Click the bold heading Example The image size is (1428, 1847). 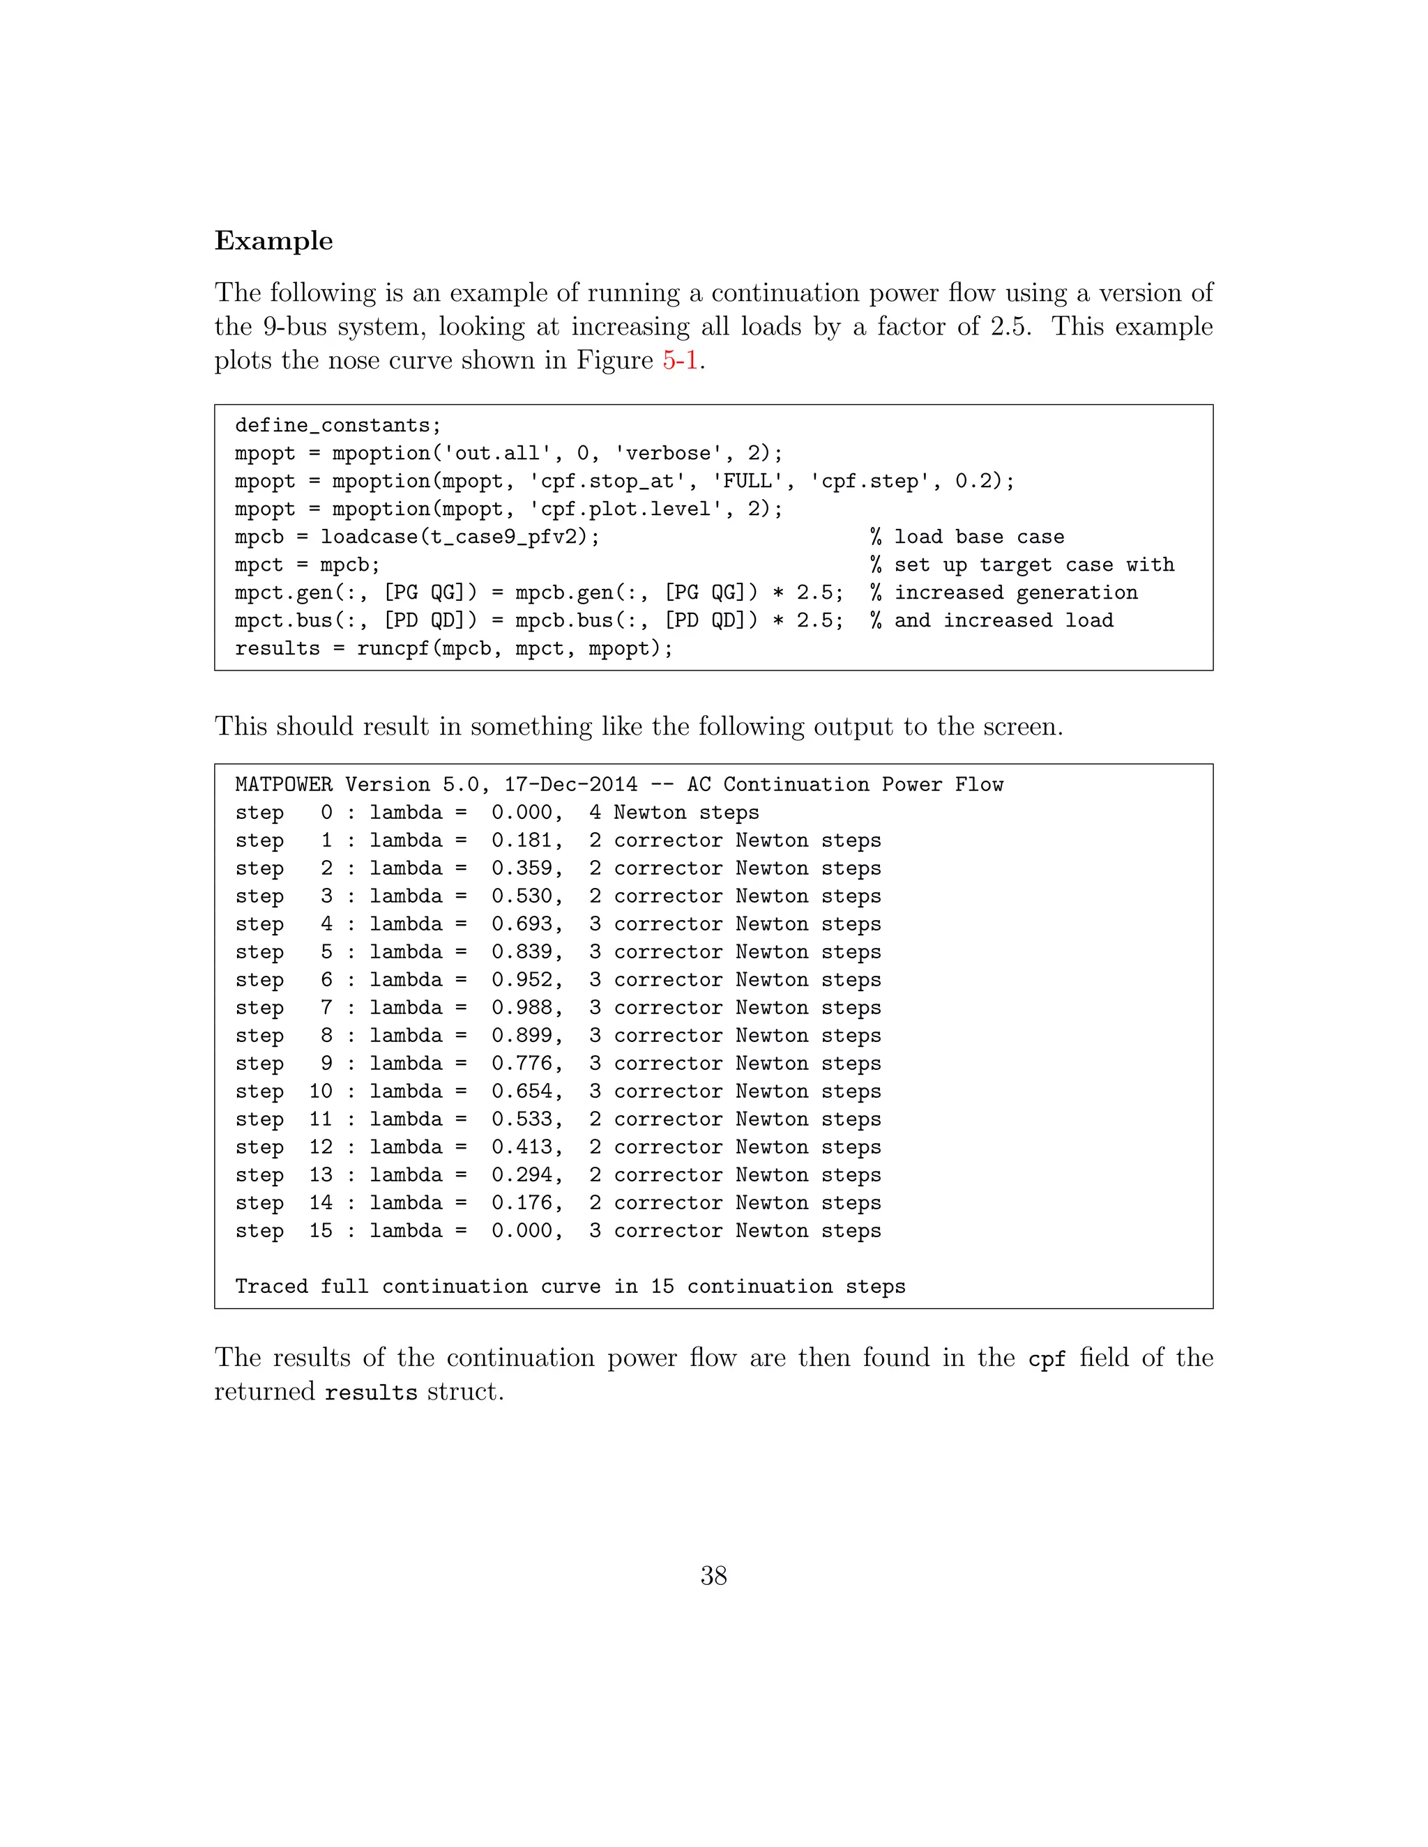[273, 241]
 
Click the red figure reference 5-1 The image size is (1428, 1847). [679, 360]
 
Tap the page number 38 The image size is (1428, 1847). [713, 1576]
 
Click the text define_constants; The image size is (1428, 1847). [337, 425]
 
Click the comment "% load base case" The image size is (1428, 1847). [967, 537]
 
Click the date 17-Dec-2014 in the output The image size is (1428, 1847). [570, 785]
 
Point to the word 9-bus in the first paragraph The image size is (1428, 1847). [294, 328]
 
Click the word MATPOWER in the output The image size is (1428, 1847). [283, 785]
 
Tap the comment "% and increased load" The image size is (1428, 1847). [992, 621]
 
